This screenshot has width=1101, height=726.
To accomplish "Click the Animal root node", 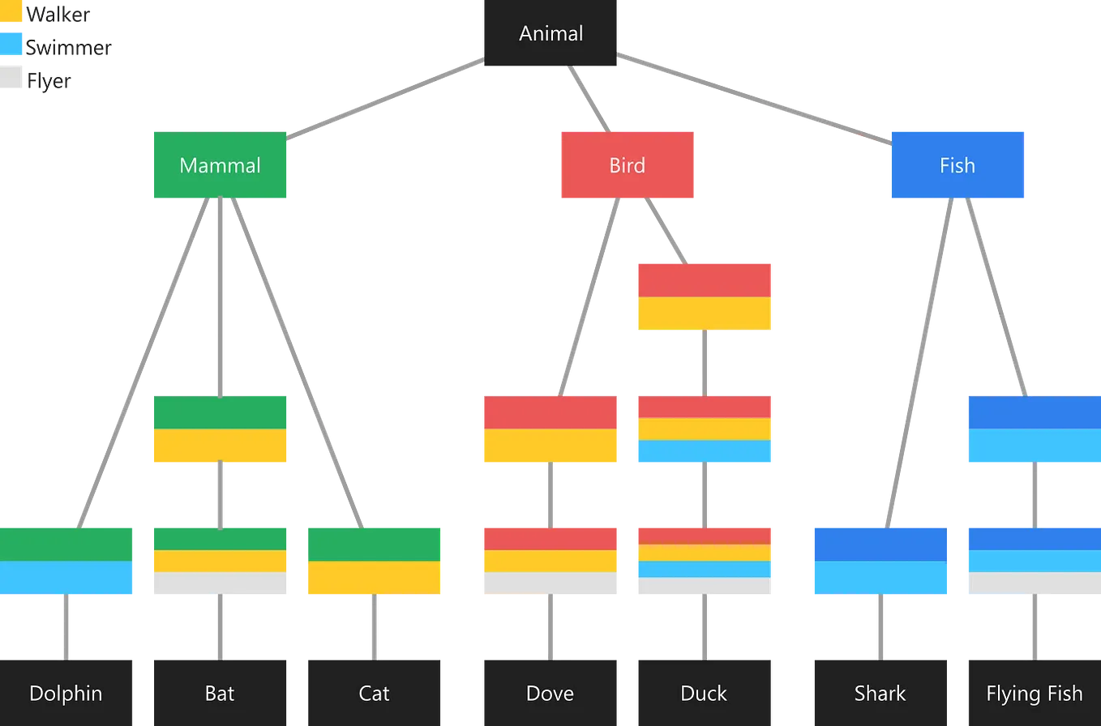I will pyautogui.click(x=551, y=34).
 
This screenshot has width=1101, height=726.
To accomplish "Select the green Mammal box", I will pyautogui.click(x=220, y=165).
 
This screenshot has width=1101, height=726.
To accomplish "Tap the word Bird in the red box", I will pyautogui.click(x=627, y=165).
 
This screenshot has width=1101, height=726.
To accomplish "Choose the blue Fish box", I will pyautogui.click(x=957, y=165).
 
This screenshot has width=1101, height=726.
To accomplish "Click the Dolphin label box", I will pyautogui.click(x=66, y=693).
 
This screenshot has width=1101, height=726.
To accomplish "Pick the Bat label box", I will pyautogui.click(x=220, y=693).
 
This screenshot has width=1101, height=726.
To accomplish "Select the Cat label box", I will pyautogui.click(x=374, y=693).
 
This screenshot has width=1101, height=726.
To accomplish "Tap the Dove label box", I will pyautogui.click(x=550, y=693).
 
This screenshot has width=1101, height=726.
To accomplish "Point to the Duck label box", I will pyautogui.click(x=704, y=693).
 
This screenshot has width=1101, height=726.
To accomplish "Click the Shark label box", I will pyautogui.click(x=880, y=693).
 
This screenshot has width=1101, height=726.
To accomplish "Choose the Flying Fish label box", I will pyautogui.click(x=1034, y=693).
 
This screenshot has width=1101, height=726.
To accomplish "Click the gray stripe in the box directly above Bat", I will pyautogui.click(x=220, y=584).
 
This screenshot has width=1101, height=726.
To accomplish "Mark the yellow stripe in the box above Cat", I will pyautogui.click(x=374, y=579).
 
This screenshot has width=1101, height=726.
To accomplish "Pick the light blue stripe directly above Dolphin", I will pyautogui.click(x=66, y=579).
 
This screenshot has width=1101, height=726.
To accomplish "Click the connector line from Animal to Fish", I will pyautogui.click(x=754, y=100).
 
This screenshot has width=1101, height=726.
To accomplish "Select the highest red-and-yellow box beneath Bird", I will pyautogui.click(x=705, y=296).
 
